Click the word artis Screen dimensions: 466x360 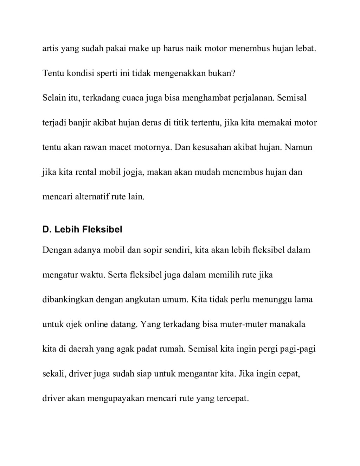50,48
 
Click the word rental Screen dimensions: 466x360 86,172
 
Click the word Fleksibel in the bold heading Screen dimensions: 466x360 102,230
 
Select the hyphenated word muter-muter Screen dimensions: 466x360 244,324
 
